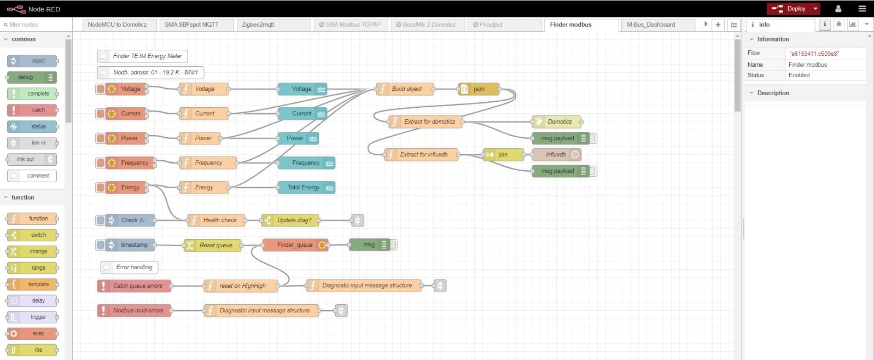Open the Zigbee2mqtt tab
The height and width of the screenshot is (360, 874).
(258, 25)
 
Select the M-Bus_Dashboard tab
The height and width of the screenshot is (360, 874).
(651, 25)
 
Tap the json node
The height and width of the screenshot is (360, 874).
(479, 89)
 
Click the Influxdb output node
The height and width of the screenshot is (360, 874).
(556, 154)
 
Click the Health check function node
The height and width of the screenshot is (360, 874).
(219, 220)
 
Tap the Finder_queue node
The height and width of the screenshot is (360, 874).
(295, 245)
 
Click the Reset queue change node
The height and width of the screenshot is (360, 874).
(215, 245)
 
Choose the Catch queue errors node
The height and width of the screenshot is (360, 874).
(137, 286)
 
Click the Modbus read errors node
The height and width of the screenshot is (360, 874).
(137, 310)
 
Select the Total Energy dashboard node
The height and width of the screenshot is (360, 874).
(304, 187)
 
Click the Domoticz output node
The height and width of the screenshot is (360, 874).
(559, 121)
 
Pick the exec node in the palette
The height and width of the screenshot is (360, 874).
(38, 333)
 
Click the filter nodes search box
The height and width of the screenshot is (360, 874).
(33, 25)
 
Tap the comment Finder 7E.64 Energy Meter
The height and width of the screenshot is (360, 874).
(147, 56)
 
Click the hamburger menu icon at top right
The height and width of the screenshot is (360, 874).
(862, 9)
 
